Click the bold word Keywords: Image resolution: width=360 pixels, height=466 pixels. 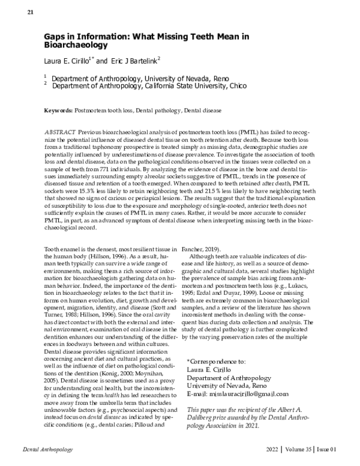pos(58,111)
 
